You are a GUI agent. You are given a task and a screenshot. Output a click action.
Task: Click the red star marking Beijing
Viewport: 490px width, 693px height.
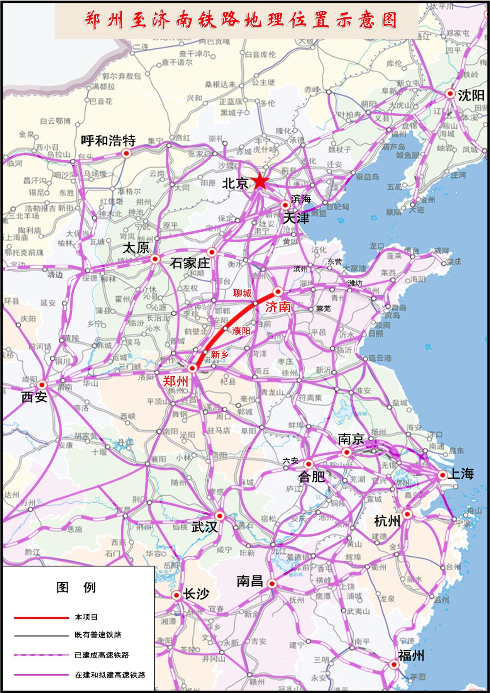click(x=260, y=182)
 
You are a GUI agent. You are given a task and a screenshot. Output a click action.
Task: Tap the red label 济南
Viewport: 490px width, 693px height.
click(x=277, y=307)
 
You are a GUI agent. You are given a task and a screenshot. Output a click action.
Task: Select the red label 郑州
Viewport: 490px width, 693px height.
click(x=176, y=381)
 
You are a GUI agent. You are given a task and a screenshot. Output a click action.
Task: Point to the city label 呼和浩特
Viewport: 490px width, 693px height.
click(x=108, y=141)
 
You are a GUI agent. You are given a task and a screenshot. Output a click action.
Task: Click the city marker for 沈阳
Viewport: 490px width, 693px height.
click(x=450, y=93)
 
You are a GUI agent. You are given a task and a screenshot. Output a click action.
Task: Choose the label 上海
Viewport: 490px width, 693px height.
click(x=460, y=474)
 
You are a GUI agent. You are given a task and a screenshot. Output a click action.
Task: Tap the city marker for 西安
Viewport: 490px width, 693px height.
click(x=42, y=385)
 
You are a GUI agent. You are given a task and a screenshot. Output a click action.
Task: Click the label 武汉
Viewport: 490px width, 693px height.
click(x=204, y=527)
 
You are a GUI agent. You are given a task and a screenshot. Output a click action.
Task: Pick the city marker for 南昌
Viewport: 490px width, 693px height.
click(x=272, y=584)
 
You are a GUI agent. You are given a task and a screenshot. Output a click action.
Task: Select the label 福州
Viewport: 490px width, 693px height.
click(x=411, y=656)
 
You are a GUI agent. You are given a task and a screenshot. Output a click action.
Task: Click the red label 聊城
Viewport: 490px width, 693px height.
click(x=242, y=294)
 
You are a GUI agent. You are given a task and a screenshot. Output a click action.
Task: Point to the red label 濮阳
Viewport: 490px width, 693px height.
click(x=241, y=331)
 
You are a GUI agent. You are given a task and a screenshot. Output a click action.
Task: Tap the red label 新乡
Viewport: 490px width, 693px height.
click(x=220, y=354)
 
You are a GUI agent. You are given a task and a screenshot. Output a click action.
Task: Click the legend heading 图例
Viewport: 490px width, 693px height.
click(x=76, y=588)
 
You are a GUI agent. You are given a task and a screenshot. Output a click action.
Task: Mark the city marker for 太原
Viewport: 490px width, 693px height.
click(x=155, y=258)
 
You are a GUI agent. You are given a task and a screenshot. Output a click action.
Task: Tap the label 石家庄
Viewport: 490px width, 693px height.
click(x=190, y=263)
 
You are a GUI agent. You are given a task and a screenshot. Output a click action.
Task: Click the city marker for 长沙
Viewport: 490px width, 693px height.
click(x=176, y=595)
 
